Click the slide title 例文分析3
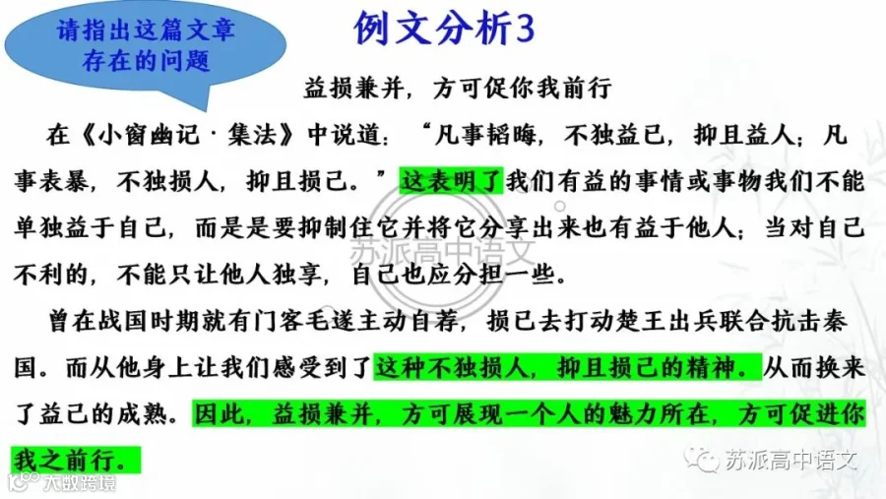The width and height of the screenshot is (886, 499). coord(444,29)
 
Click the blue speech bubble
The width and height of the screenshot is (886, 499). coord(146,52)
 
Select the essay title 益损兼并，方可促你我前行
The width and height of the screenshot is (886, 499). coord(458,89)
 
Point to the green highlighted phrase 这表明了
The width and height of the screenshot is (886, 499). coord(451,181)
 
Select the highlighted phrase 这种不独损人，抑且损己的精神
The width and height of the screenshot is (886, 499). coord(567,368)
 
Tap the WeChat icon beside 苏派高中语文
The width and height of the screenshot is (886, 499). coord(702,459)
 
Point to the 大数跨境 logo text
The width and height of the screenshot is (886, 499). coord(80,483)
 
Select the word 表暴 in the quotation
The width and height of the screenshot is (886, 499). coord(63,181)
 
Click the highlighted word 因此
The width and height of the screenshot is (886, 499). coord(219,414)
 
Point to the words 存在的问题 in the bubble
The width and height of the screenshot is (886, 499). coord(146,60)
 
